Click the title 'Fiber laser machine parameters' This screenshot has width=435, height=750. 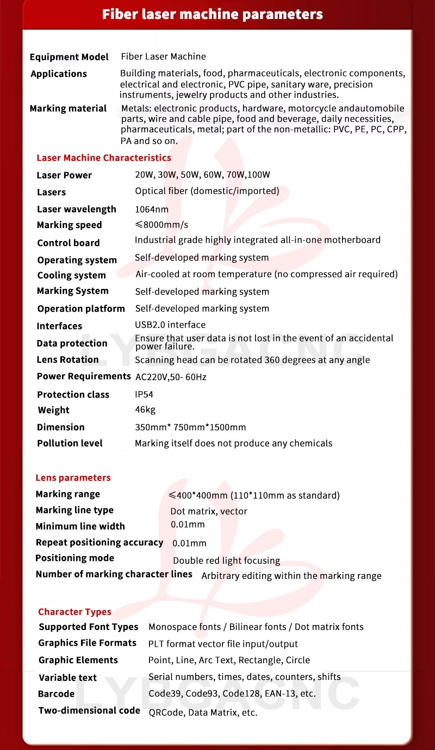pos(212,14)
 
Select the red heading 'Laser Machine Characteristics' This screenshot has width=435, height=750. pos(103,158)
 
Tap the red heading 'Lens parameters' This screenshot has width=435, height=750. pos(73,478)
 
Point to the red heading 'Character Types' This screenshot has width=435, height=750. pos(74,612)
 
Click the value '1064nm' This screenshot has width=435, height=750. pos(152,209)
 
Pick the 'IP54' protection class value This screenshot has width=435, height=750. pos(144,394)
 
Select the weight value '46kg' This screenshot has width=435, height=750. pos(145,410)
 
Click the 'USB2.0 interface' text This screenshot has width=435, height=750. pos(170,325)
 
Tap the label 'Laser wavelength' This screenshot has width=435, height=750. pos(77,210)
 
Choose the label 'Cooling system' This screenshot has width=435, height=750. pos(71,275)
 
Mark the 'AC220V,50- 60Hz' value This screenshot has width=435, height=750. pos(171,377)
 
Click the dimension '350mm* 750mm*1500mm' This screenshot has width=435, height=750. pos(190,427)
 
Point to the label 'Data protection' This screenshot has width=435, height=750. pos(72,343)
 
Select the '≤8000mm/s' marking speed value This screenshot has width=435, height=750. pos(161,225)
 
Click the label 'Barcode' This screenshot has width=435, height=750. pos(57,694)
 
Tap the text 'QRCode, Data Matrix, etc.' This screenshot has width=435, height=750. pos(203,713)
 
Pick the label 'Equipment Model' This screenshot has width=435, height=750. pos(69,57)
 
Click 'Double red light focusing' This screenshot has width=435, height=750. pos(226,560)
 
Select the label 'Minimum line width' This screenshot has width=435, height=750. pos(80,526)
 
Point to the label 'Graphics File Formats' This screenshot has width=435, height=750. pos(87,643)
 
